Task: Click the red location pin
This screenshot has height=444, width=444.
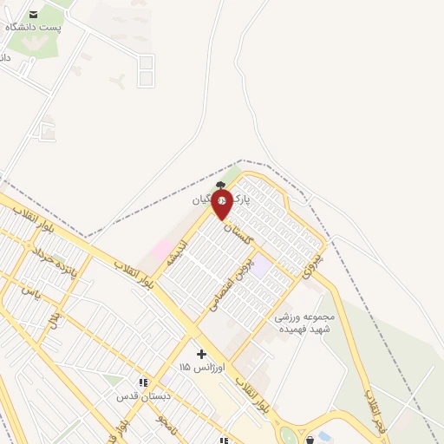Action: coord(222,205)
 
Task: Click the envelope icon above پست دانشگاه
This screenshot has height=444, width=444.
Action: coord(34,14)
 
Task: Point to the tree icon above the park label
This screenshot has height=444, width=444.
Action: coord(222,184)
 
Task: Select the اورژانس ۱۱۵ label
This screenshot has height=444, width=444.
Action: coord(201,368)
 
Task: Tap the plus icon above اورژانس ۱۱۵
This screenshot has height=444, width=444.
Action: coord(201,354)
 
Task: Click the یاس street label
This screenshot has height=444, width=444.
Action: coord(32,291)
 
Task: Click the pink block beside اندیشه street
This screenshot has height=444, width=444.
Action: coord(162,251)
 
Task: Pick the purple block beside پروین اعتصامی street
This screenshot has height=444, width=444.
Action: coord(260,267)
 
